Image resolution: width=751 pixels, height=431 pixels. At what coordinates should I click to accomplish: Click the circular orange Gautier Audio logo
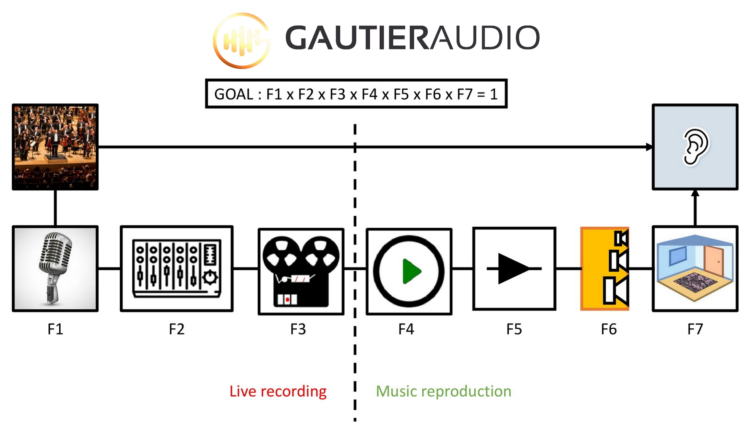coord(241,40)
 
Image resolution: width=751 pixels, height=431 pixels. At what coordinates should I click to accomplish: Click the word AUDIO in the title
coord(485,37)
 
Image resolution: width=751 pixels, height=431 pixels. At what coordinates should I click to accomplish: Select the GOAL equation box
coord(356,94)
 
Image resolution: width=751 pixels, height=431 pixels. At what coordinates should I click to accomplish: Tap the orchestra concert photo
coord(55,147)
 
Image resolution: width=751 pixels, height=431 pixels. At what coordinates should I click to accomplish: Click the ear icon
coord(695,147)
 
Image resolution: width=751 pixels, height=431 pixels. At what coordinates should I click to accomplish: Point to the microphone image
coord(55,269)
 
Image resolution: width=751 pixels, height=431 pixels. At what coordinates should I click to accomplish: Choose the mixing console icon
coord(177,269)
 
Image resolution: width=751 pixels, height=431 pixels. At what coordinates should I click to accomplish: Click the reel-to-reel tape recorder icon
coord(301,271)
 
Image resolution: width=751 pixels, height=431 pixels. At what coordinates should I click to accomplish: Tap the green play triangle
coord(411,271)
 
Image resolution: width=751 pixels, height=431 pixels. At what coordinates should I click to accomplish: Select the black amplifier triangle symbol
coord(513,269)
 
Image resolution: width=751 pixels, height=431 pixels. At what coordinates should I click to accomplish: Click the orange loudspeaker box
coord(605,269)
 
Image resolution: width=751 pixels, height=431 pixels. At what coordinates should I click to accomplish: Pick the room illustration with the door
coord(695,269)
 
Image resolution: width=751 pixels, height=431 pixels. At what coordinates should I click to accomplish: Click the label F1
coord(55,329)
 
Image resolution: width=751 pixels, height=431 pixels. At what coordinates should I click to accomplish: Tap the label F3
coord(298,329)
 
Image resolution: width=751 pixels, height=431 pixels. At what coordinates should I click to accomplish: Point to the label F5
coord(514,329)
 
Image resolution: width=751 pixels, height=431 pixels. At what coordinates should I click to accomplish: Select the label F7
coord(695,329)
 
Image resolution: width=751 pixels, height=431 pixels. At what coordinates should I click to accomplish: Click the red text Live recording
coord(278,391)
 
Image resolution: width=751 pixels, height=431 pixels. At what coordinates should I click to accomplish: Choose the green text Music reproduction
coord(443,391)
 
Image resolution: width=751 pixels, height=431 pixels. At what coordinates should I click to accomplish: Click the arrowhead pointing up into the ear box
coord(695,193)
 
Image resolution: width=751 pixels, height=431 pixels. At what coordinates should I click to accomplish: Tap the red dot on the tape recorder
coord(287,300)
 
